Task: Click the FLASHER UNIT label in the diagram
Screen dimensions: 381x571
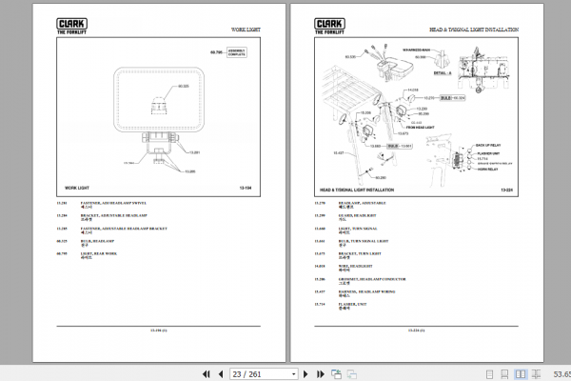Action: coord(486,153)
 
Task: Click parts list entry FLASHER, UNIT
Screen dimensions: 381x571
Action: coord(354,303)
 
